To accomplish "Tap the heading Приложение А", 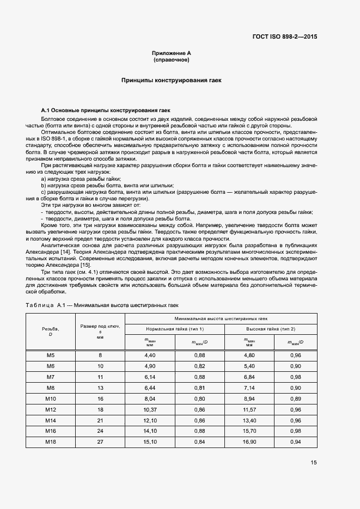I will coord(172,53).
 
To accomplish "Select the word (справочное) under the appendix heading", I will coord(172,59).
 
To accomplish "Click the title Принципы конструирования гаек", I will coord(172,80).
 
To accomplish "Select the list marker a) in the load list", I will coord(44,179).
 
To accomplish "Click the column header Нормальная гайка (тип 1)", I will coord(175,329).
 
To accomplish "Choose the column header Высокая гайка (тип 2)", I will coord(270,329).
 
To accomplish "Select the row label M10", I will coord(51,398).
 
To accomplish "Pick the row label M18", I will coord(51,441).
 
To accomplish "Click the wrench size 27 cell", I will coord(100,441).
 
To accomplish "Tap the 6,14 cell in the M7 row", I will coord(150,377).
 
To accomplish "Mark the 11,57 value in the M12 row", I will coord(249,409).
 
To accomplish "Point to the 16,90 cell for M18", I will coord(249,441).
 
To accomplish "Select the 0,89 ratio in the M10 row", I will coord(295,398).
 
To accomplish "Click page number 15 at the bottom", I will coord(314,463).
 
